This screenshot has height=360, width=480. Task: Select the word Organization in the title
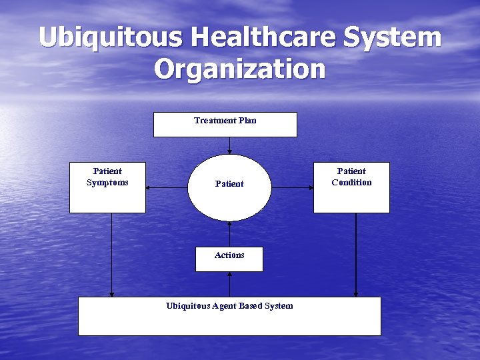click(240, 69)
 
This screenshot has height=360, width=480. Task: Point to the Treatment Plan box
click(225, 125)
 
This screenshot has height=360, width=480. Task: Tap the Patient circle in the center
click(229, 187)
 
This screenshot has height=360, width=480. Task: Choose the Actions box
click(229, 259)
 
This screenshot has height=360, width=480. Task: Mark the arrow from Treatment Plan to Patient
click(229, 145)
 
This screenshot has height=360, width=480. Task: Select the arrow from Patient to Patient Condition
click(293, 188)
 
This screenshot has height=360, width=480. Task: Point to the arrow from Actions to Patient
click(229, 234)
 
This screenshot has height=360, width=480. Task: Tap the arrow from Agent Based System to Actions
click(229, 284)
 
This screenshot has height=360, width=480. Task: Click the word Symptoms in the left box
click(107, 183)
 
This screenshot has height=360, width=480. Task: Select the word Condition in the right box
click(351, 183)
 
